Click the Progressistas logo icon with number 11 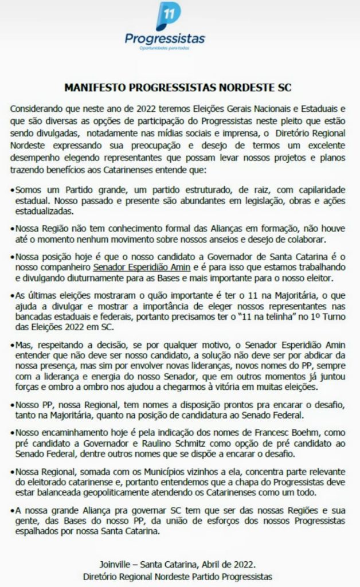(x=168, y=17)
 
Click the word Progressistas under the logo (x=165, y=38)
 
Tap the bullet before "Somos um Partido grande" (x=13, y=189)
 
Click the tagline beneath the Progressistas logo (x=165, y=48)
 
